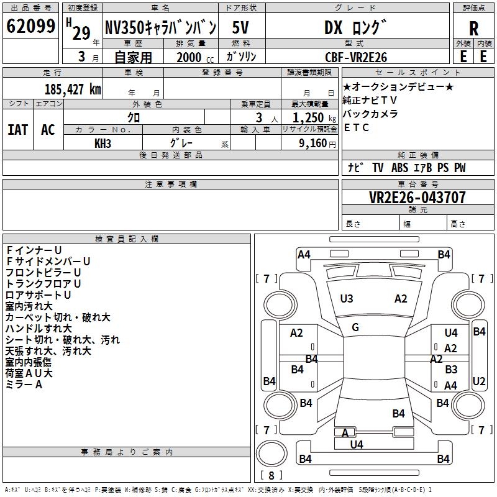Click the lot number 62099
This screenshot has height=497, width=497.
click(x=30, y=27)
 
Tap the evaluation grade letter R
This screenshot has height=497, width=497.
click(x=473, y=29)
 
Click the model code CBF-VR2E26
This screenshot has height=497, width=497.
click(x=356, y=57)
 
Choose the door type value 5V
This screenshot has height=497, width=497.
click(x=241, y=28)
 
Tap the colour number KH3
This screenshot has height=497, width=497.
click(x=103, y=144)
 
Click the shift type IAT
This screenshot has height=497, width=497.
click(x=18, y=129)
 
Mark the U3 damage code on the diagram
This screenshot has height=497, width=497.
click(x=347, y=299)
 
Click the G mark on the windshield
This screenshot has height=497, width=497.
click(x=355, y=327)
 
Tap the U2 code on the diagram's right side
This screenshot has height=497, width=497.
click(x=479, y=381)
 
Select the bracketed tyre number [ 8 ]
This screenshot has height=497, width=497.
click(x=271, y=475)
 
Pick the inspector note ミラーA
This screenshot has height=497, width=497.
click(x=24, y=385)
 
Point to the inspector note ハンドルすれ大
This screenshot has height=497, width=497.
click(x=39, y=328)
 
